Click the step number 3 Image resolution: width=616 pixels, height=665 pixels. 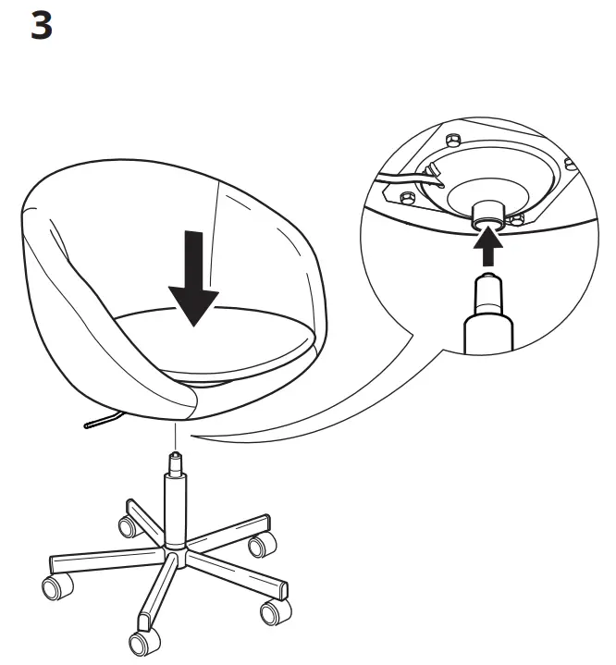click(43, 26)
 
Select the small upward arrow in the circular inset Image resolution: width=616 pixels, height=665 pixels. click(487, 248)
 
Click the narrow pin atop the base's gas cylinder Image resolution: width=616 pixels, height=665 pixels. click(174, 460)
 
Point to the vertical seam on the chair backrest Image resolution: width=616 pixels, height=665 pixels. click(218, 240)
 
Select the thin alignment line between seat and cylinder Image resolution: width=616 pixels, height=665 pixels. click(174, 435)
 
